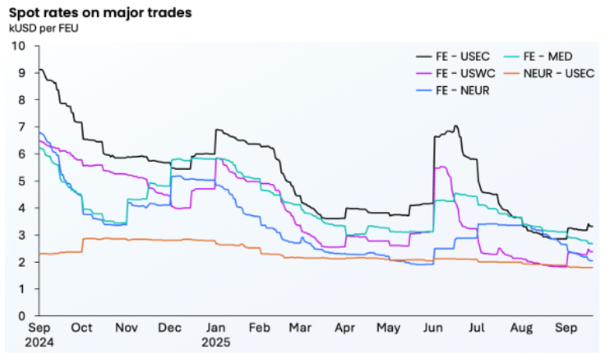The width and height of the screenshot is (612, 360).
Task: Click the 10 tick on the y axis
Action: pyautogui.click(x=20, y=45)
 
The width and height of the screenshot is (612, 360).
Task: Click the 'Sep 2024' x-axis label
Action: pyautogui.click(x=40, y=336)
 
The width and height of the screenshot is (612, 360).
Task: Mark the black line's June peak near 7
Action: pyautogui.click(x=455, y=126)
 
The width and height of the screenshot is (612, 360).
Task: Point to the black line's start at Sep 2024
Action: pyautogui.click(x=40, y=69)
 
